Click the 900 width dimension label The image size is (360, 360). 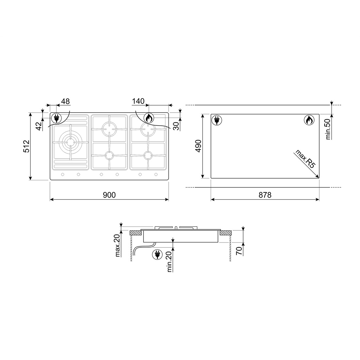click(x=109, y=195)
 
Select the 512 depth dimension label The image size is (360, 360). click(x=27, y=146)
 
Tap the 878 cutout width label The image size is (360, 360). click(x=265, y=195)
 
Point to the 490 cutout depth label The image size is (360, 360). click(x=198, y=146)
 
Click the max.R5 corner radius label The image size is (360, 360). click(x=305, y=159)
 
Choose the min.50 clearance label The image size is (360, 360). click(x=328, y=129)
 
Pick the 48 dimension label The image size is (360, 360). click(x=65, y=101)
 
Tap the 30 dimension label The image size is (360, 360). click(x=176, y=126)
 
